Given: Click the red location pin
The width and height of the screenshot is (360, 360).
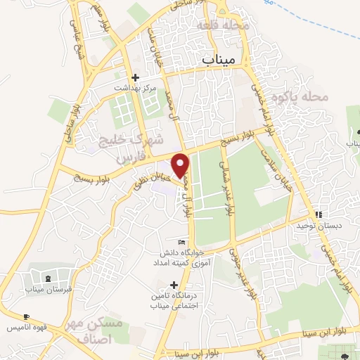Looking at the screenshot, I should [181, 165].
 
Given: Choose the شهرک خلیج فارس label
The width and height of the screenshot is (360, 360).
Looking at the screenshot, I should [123, 147].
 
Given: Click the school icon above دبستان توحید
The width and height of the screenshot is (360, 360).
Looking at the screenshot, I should [319, 214].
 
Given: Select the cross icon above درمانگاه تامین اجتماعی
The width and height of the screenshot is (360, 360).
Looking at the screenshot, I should [174, 284].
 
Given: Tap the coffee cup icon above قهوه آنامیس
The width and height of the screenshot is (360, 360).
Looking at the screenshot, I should [27, 317].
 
